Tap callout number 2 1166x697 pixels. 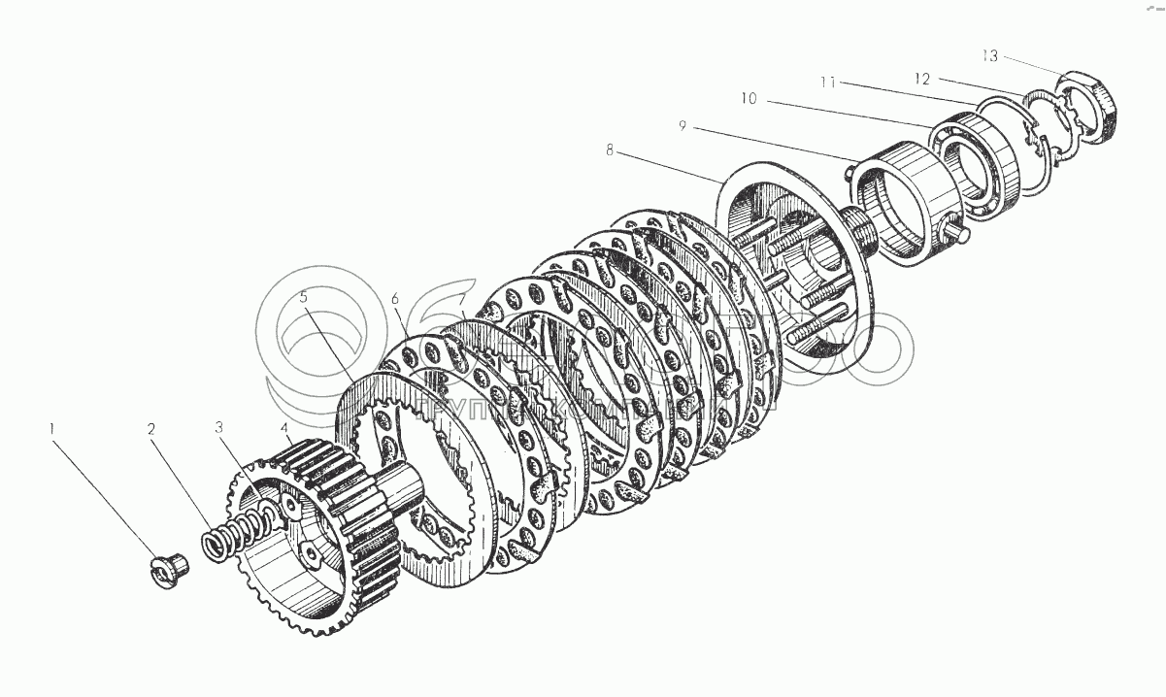pos(151,428)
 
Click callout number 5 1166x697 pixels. pos(303,298)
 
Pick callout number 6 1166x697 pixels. pos(395,300)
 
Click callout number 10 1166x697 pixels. pos(748,99)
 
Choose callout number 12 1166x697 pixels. pos(920,77)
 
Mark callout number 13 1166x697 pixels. pos(987,55)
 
